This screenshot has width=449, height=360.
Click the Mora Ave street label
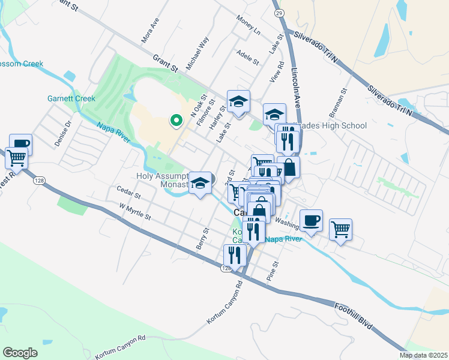149,30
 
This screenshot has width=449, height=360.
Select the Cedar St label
128,196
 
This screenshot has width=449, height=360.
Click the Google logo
20,353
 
